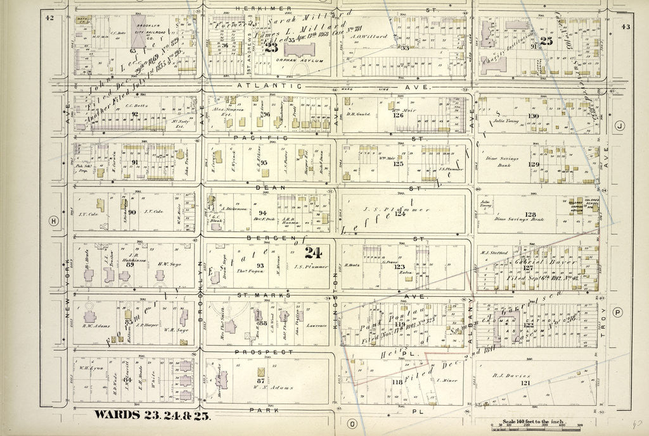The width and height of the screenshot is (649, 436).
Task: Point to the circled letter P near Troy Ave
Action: tap(618, 311)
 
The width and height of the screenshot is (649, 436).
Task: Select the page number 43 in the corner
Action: tap(626, 26)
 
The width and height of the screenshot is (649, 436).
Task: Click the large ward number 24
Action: tap(312, 253)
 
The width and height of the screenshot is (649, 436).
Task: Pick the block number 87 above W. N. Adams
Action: tap(260, 380)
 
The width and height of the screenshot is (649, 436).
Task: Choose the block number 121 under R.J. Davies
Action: tap(525, 384)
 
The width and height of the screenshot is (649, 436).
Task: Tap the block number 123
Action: tap(399, 266)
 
